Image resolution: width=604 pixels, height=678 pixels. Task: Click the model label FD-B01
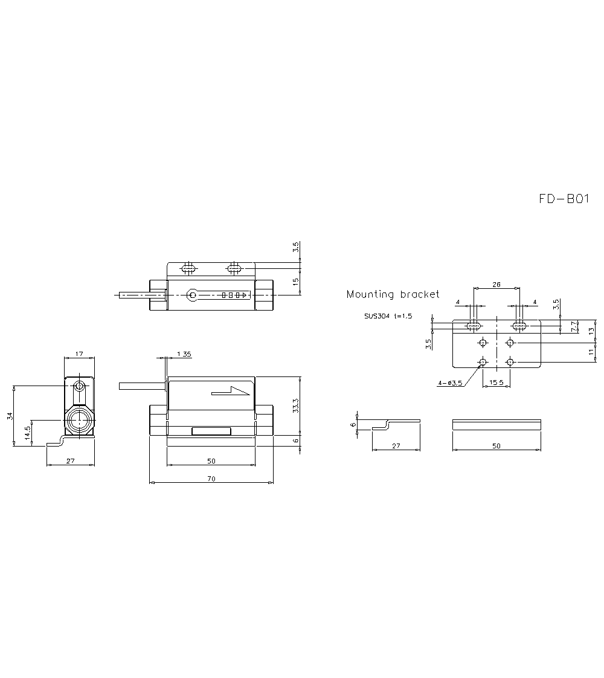click(x=564, y=199)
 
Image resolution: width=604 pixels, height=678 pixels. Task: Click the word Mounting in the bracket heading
click(x=367, y=295)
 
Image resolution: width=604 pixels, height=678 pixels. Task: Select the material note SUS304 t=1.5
click(x=387, y=315)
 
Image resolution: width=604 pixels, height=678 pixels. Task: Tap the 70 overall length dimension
click(x=211, y=479)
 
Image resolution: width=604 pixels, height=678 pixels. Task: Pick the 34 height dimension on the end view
click(x=9, y=416)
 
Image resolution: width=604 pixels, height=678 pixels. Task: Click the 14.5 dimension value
click(x=27, y=433)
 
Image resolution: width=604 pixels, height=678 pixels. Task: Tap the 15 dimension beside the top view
click(x=295, y=282)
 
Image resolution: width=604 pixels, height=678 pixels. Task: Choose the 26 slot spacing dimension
click(x=496, y=283)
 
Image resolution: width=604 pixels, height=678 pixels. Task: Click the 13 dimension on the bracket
click(x=592, y=330)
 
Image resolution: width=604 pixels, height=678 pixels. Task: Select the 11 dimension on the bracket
click(x=592, y=352)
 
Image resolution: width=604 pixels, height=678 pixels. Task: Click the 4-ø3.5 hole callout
click(x=450, y=383)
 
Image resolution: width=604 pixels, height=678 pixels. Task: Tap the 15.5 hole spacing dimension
click(x=496, y=383)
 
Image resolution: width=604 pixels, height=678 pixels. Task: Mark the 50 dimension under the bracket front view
click(x=496, y=446)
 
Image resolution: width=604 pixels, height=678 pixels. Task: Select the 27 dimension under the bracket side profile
click(x=396, y=446)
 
